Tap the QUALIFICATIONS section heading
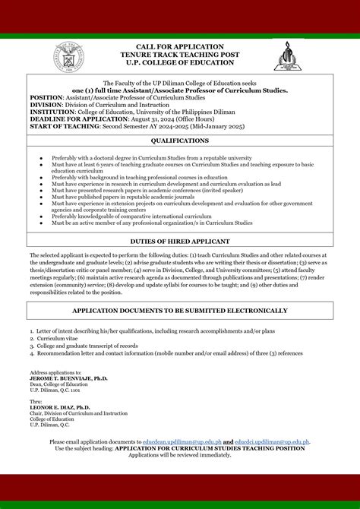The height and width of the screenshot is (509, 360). tap(179, 141)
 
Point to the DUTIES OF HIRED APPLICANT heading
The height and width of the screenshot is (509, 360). tap(179, 240)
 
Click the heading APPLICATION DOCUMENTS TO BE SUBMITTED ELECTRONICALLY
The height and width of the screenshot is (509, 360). tap(179, 311)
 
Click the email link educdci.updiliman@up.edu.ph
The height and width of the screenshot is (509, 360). tap(272, 441)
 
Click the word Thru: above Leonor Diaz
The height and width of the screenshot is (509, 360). tap(36, 400)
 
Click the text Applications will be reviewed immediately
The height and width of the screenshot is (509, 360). tap(179, 454)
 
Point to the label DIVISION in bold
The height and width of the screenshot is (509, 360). tap(46, 105)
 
